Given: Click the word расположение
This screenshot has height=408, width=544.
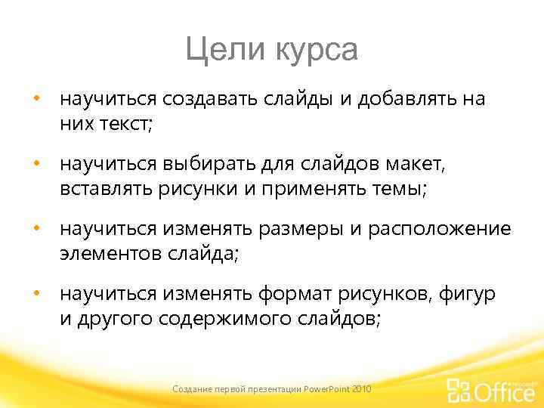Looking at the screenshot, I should [x=439, y=229].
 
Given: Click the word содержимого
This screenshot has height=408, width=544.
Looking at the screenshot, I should [x=227, y=319].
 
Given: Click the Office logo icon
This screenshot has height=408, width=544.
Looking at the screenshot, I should [x=459, y=390].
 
